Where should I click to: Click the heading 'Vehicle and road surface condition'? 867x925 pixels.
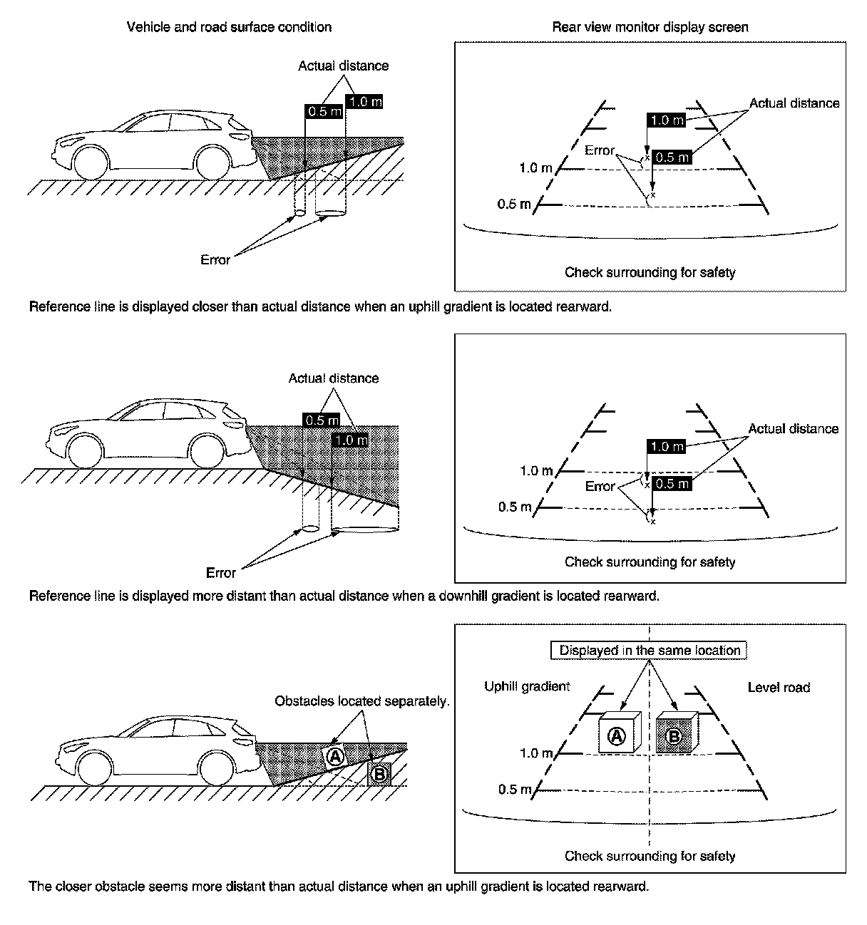click(x=229, y=27)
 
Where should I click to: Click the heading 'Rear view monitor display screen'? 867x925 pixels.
click(x=650, y=27)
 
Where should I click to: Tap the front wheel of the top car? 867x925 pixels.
click(x=91, y=162)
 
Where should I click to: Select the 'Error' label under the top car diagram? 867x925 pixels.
click(x=215, y=259)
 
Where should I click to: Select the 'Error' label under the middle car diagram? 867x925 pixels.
click(x=220, y=573)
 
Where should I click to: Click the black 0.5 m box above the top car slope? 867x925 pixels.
click(x=324, y=112)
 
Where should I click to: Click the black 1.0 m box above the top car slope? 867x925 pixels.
click(x=364, y=102)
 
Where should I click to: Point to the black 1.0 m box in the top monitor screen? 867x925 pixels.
click(x=666, y=120)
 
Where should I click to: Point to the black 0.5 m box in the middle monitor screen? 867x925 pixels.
click(x=672, y=484)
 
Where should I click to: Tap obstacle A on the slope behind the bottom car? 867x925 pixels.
click(x=335, y=756)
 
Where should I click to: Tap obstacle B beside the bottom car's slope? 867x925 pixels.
click(x=379, y=773)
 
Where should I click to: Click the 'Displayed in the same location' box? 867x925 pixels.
click(x=650, y=650)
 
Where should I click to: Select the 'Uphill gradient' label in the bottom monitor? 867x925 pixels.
click(x=527, y=686)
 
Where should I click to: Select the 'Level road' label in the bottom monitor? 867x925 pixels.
click(x=779, y=687)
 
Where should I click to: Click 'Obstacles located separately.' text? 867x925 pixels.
click(x=362, y=701)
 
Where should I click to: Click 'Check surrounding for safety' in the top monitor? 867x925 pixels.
click(x=650, y=272)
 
